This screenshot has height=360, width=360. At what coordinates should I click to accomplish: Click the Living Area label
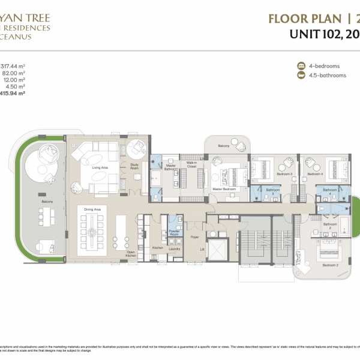(x=100, y=167)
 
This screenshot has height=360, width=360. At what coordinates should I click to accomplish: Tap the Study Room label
(x=134, y=166)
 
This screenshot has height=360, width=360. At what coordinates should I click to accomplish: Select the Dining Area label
(x=93, y=209)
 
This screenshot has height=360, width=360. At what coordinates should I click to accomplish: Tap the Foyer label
(x=195, y=237)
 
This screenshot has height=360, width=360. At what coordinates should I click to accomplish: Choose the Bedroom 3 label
(x=284, y=174)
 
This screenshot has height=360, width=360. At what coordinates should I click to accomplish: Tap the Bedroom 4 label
(x=316, y=174)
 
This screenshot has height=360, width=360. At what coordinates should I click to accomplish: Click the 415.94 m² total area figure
(x=13, y=94)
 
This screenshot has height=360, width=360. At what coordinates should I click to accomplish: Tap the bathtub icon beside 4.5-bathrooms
(x=301, y=76)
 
